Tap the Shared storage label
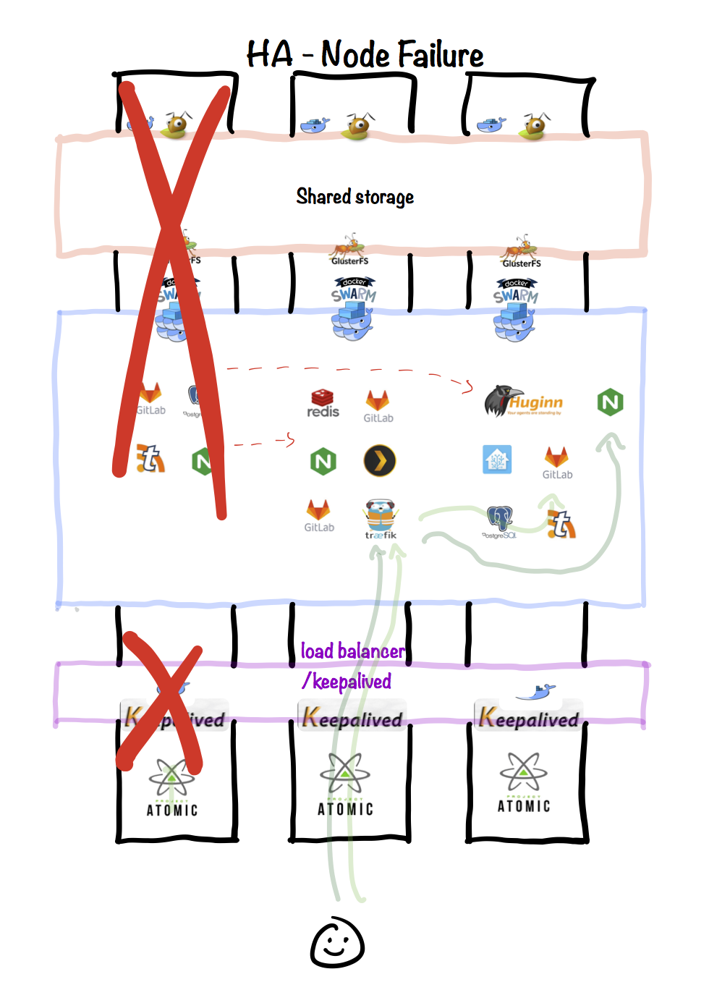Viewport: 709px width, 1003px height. point(354,197)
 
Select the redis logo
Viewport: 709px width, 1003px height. point(323,403)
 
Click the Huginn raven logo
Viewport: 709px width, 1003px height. point(499,401)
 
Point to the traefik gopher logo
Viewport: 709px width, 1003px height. point(381,517)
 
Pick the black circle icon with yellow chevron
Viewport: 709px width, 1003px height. point(380,460)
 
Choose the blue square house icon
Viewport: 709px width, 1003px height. point(497,460)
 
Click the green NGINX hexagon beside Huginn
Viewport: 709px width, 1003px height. point(611,402)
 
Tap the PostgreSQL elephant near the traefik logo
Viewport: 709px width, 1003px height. point(499,521)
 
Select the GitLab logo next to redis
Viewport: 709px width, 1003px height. point(378,405)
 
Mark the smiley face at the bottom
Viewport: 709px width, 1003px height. point(337,943)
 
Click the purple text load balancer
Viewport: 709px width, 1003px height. point(352,651)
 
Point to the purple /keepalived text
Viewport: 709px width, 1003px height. point(347,682)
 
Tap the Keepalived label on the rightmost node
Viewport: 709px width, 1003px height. point(529,718)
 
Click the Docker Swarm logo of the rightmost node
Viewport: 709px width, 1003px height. point(515,310)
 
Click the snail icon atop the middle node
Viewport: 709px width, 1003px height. point(358,126)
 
